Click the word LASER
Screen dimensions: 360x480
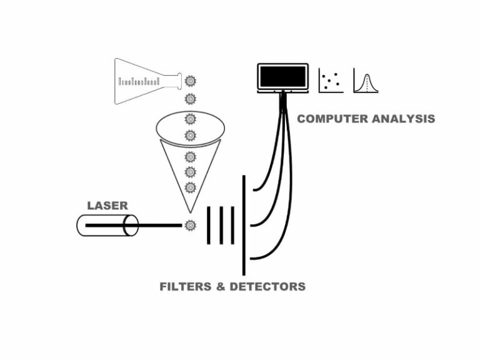[x=107, y=205]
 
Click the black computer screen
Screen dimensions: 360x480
[x=282, y=76]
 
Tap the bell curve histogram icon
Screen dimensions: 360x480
[x=366, y=80]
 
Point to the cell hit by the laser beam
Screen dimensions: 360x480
[x=190, y=224]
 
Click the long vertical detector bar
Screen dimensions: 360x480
[x=244, y=225]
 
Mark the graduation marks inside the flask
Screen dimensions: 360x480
[x=139, y=81]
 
